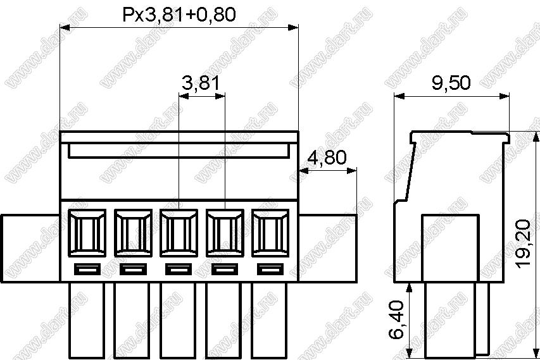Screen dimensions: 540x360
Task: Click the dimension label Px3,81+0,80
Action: [x=179, y=15]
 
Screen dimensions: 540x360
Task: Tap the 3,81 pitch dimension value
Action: [x=201, y=83]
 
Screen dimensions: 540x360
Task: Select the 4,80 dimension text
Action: [x=327, y=158]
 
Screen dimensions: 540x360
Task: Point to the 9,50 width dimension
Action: [x=451, y=83]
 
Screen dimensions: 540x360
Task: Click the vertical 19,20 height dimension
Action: [x=524, y=243]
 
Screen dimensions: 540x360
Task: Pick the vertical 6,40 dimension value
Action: [x=396, y=320]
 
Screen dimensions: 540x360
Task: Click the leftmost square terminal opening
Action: [x=87, y=233]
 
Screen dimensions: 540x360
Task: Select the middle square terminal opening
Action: [x=179, y=233]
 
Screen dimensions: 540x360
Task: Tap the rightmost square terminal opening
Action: [x=270, y=233]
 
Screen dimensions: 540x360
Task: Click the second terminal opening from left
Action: [x=133, y=233]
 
